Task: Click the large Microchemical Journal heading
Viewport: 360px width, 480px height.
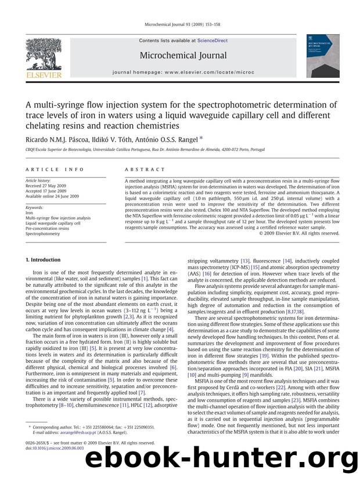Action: click(x=179, y=56)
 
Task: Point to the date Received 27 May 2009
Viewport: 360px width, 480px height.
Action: click(x=49, y=186)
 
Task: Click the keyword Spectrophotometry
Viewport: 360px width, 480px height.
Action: click(x=42, y=233)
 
